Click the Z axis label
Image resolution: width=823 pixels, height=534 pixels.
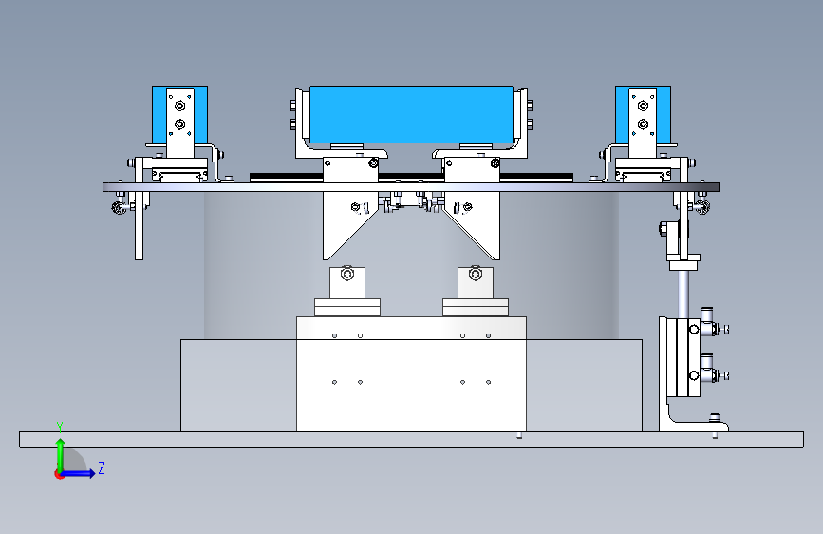pyautogui.click(x=101, y=467)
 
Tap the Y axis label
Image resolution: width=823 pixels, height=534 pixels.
pyautogui.click(x=59, y=426)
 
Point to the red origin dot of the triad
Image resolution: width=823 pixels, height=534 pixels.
pyautogui.click(x=59, y=474)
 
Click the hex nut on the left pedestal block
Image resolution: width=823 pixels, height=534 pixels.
pyautogui.click(x=346, y=276)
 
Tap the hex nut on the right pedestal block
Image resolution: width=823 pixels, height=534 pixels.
pyautogui.click(x=476, y=276)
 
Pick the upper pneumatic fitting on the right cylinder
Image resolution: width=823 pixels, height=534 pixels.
pyautogui.click(x=708, y=329)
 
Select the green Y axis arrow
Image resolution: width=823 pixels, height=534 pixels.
pyautogui.click(x=59, y=452)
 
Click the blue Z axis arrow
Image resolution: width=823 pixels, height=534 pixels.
pyautogui.click(x=81, y=473)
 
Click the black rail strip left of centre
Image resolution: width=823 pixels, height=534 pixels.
pyautogui.click(x=285, y=177)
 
